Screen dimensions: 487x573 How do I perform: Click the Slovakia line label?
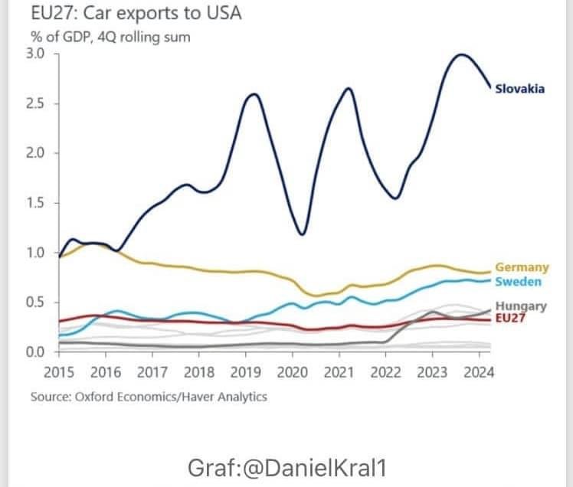point(520,89)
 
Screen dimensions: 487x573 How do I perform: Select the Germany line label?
point(522,267)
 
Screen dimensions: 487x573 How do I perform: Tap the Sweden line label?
point(519,282)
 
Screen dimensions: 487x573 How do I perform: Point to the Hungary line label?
point(521,306)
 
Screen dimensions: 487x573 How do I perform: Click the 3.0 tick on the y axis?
point(36,54)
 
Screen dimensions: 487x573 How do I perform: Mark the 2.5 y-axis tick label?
point(36,103)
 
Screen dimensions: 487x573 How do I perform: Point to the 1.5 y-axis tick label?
point(36,203)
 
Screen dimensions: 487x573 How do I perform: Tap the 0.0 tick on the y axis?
point(36,352)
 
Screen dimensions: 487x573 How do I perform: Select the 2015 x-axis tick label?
point(59,373)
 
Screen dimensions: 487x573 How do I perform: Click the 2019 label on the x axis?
point(245,373)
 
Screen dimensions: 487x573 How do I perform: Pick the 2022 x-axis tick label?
point(385,373)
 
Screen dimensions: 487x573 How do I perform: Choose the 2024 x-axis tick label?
point(478,373)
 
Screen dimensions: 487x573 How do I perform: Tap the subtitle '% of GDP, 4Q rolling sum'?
point(110,36)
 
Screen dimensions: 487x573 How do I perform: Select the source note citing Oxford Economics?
point(149,397)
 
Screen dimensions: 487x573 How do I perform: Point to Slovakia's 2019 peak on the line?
point(254,95)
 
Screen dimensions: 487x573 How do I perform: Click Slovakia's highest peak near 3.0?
point(460,54)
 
